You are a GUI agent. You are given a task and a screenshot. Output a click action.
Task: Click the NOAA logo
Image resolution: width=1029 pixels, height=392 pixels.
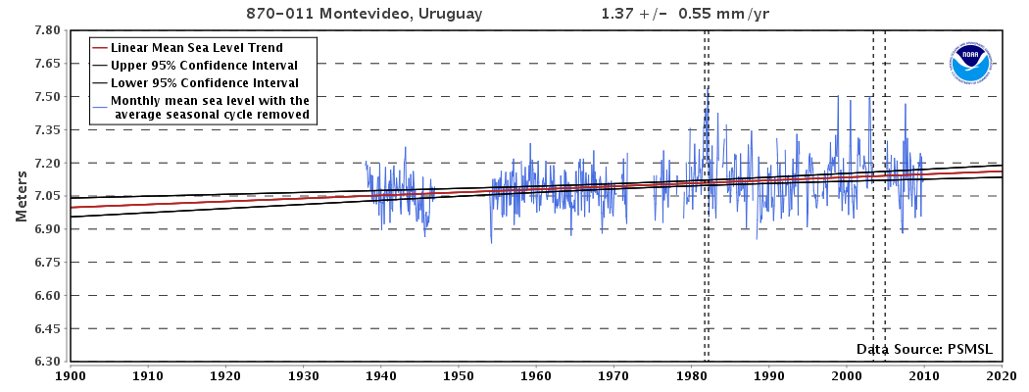(970, 64)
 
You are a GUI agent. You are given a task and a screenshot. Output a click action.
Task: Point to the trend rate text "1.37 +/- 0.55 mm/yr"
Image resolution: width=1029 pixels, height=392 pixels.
(682, 15)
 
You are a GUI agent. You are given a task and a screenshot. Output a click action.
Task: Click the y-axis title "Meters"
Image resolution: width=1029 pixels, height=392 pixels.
(21, 195)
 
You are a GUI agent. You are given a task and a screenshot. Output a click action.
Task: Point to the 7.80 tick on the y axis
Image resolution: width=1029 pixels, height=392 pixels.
(47, 30)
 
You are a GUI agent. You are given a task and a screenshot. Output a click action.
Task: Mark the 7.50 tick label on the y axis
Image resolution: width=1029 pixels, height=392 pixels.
(47, 97)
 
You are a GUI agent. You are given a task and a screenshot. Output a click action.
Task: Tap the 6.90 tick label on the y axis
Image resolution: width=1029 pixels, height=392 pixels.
(47, 229)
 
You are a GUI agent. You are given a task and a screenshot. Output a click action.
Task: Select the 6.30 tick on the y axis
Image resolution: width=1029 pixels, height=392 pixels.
(47, 362)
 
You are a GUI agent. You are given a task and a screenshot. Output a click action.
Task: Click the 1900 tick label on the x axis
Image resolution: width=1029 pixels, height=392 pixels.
(71, 374)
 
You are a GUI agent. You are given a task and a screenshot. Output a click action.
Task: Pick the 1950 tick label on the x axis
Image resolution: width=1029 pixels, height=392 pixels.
(458, 374)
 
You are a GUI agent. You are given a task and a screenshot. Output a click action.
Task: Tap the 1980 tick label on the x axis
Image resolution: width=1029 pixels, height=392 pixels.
(691, 374)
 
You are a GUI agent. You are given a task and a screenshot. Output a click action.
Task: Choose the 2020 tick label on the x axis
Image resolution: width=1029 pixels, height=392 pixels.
(1001, 374)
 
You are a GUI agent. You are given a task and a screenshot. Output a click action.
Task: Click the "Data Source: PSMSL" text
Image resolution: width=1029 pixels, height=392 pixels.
(925, 349)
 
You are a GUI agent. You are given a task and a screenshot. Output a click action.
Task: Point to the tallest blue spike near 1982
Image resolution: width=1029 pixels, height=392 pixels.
(708, 88)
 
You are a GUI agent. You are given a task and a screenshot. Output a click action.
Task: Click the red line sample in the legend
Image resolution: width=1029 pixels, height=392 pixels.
(98, 47)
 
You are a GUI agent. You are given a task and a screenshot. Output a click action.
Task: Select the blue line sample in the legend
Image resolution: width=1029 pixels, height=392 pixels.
(98, 101)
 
